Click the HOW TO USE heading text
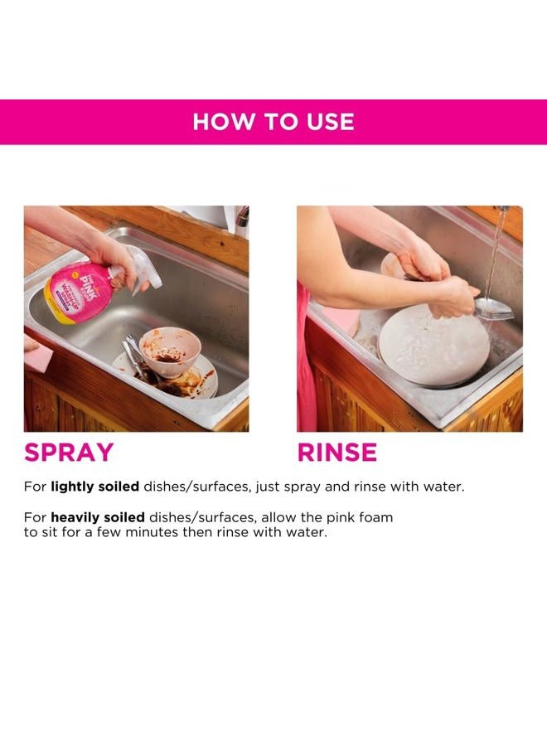[273, 122]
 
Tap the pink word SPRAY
[69, 453]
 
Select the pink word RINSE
[337, 453]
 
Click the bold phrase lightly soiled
[94, 487]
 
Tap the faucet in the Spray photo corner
[241, 219]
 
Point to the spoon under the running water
[494, 308]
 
